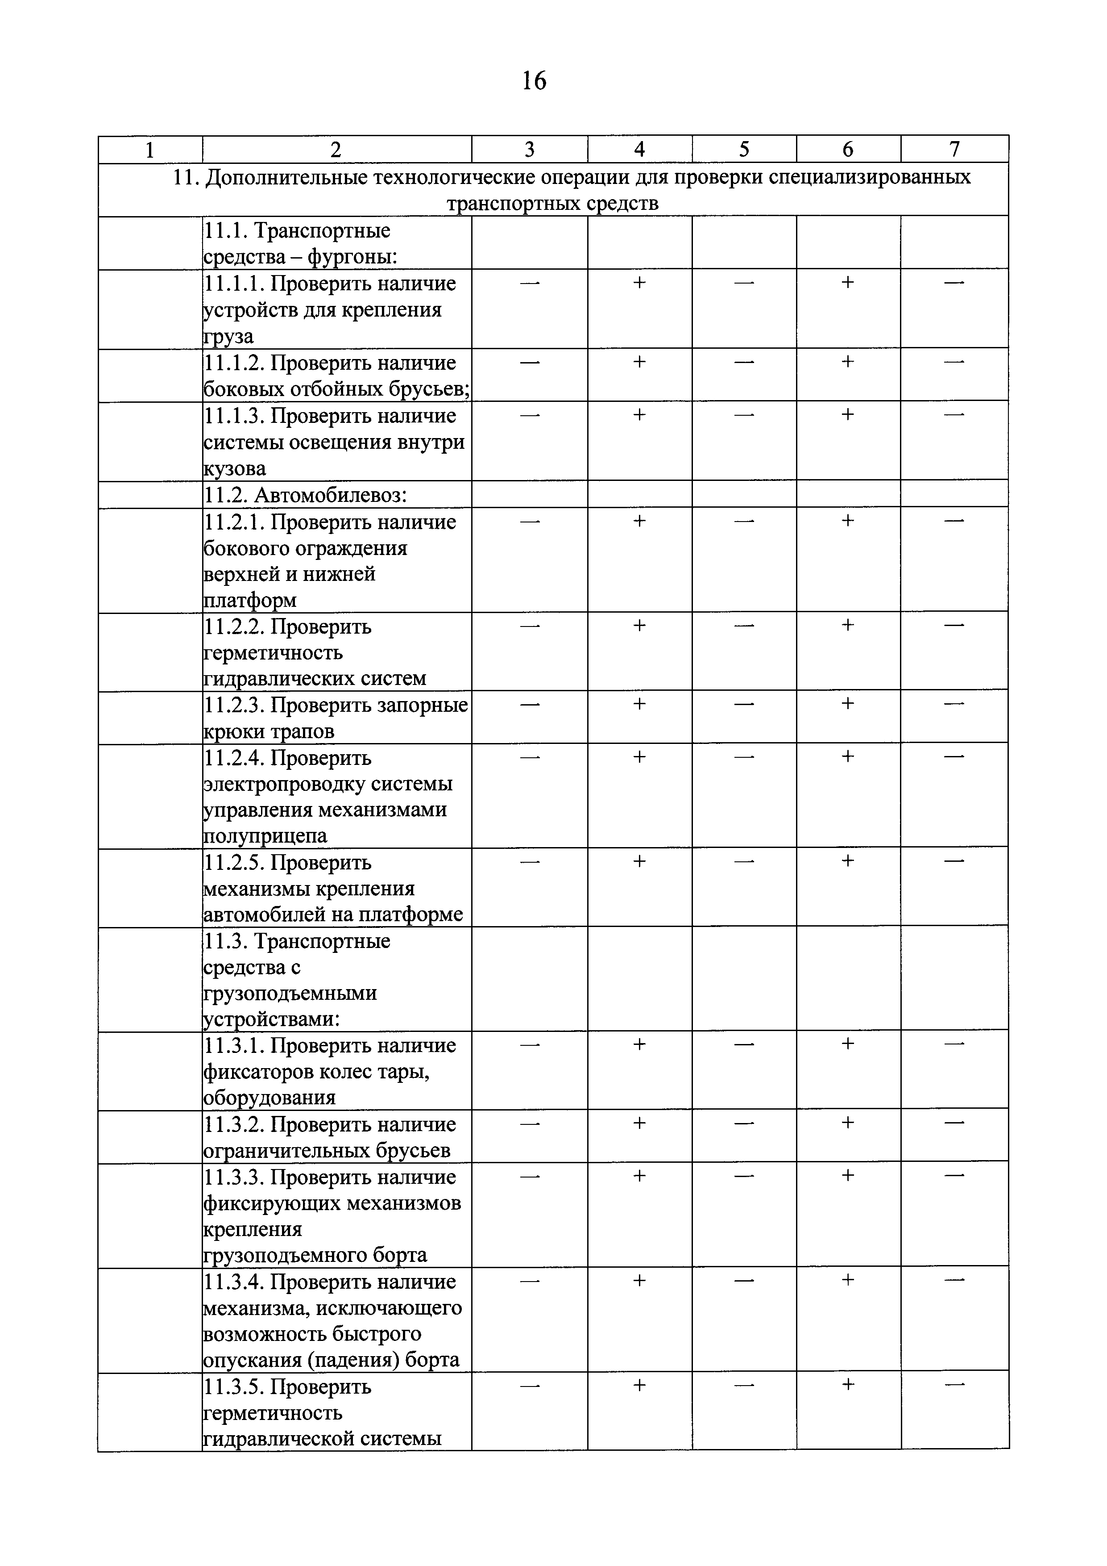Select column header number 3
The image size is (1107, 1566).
pyautogui.click(x=529, y=150)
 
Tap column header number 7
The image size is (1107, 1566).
pyautogui.click(x=954, y=150)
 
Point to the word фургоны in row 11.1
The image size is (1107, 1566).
pyautogui.click(x=352, y=257)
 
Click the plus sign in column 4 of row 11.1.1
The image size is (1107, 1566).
pyautogui.click(x=638, y=282)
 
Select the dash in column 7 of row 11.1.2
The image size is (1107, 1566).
pyautogui.click(x=954, y=362)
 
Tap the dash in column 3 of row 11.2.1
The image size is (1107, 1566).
pyautogui.click(x=530, y=521)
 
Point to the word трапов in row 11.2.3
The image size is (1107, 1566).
pyautogui.click(x=303, y=732)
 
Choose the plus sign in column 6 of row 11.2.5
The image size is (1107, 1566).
pyautogui.click(x=847, y=861)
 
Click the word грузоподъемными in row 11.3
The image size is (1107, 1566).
pyautogui.click(x=290, y=994)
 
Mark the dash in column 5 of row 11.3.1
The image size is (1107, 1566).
pyautogui.click(x=744, y=1044)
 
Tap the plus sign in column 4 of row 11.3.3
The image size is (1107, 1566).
pyautogui.click(x=638, y=1176)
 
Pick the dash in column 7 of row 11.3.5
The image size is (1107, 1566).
pyautogui.click(x=954, y=1385)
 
